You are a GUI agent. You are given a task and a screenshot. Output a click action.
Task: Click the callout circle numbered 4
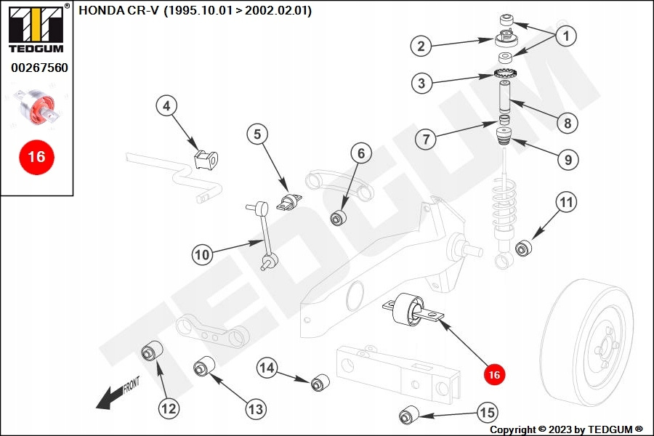click(166, 107)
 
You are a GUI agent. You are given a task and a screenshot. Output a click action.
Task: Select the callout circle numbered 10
click(202, 254)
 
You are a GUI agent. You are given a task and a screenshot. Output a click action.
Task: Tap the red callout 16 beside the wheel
click(495, 374)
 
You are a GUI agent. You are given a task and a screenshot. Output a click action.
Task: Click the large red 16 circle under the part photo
click(36, 156)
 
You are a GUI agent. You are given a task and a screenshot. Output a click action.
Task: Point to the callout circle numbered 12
click(169, 408)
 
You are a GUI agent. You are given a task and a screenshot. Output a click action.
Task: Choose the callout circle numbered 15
click(488, 413)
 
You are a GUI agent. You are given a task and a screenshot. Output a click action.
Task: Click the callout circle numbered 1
click(566, 34)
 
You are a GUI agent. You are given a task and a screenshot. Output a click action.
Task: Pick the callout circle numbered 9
click(568, 159)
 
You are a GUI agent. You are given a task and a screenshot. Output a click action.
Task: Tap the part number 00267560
click(39, 68)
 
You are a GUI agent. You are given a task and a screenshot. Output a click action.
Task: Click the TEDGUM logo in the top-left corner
click(36, 29)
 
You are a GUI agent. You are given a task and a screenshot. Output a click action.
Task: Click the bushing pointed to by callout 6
click(339, 217)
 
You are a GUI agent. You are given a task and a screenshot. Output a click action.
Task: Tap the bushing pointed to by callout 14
click(320, 381)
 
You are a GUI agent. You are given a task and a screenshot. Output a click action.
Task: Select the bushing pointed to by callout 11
click(524, 249)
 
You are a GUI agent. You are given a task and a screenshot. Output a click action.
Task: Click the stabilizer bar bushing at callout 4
click(206, 158)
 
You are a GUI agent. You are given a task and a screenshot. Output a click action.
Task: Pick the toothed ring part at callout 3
click(504, 73)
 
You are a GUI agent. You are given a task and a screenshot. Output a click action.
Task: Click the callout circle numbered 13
click(255, 409)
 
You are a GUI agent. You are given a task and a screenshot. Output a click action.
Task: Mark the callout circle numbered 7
click(427, 138)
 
